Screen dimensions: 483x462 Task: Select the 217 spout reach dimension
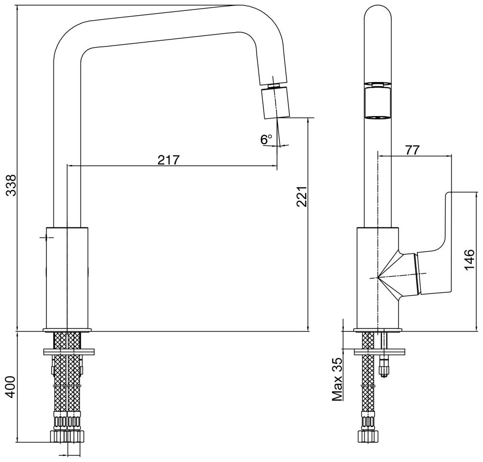pos(168,160)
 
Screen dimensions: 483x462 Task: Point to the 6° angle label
pos(266,139)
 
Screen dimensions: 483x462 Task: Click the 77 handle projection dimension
pos(413,150)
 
